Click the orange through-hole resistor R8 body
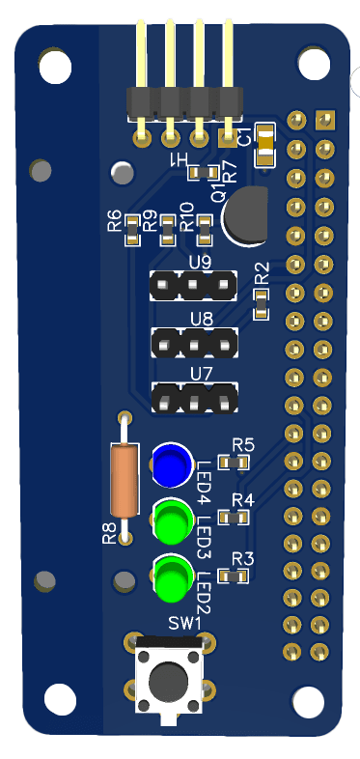(x=125, y=480)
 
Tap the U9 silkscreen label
(x=200, y=262)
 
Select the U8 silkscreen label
(x=200, y=319)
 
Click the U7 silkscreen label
(x=200, y=374)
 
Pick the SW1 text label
(x=184, y=624)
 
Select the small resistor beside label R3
(x=233, y=576)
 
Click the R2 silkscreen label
(x=261, y=275)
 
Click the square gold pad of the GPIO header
(x=324, y=120)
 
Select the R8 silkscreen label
(x=109, y=533)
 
